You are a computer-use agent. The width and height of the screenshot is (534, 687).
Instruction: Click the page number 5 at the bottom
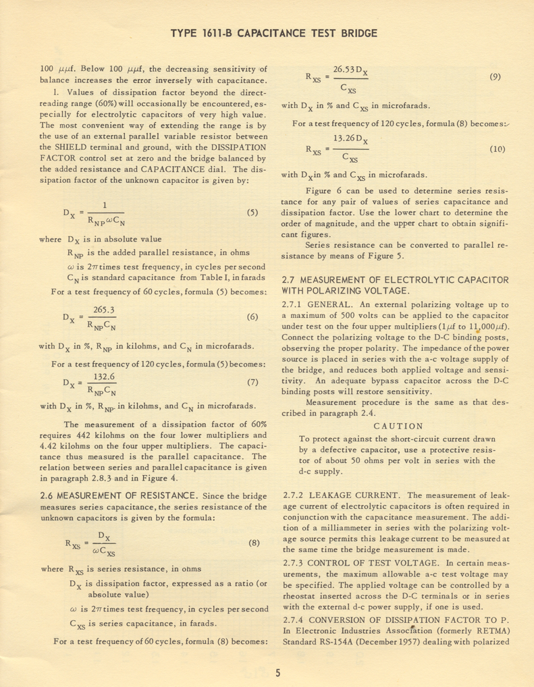(277, 672)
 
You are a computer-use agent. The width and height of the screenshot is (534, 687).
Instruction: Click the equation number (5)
(252, 212)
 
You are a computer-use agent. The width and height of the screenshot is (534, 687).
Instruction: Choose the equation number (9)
(496, 78)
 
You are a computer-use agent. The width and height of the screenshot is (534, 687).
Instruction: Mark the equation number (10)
(497, 149)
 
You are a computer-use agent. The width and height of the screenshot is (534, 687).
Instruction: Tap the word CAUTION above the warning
(398, 426)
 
